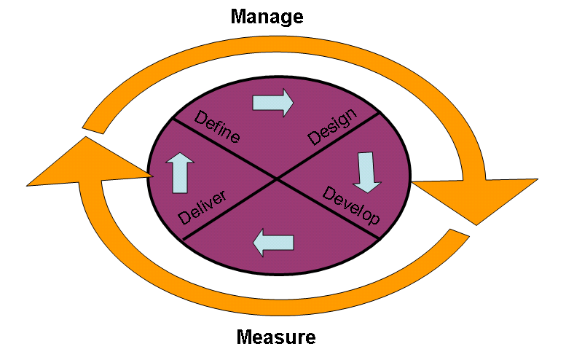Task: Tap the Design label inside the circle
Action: point(333,126)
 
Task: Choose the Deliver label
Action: point(203,208)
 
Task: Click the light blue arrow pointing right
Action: point(272,103)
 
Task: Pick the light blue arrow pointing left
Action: point(273,243)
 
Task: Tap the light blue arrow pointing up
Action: point(178,173)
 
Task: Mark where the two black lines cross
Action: point(275,179)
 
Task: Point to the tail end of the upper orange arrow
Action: point(93,126)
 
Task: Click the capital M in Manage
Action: point(239,15)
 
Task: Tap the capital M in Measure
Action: point(245,337)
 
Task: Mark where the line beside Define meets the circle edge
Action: point(172,118)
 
